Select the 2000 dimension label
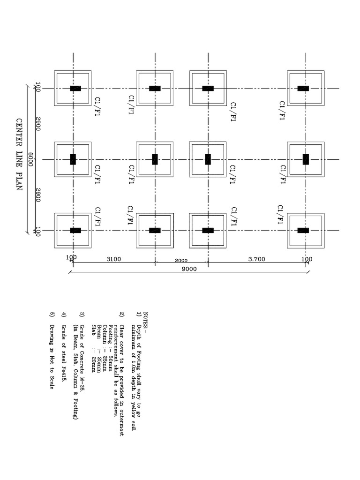click(x=181, y=261)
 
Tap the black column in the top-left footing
click(x=75, y=88)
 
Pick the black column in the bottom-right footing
click(x=303, y=230)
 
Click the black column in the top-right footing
click(x=303, y=88)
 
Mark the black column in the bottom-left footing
click(x=75, y=230)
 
